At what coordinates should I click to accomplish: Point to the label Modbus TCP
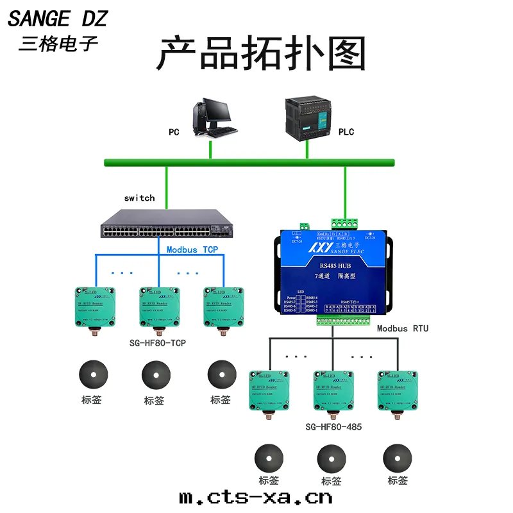(x=193, y=249)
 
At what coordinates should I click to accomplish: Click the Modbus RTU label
(x=403, y=328)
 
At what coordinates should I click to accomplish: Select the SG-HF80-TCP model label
(x=158, y=343)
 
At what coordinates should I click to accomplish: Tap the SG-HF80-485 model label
(x=333, y=426)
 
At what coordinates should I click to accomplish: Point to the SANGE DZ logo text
(x=57, y=19)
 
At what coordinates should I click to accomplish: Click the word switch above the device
(x=139, y=198)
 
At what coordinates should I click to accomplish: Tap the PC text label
(x=174, y=133)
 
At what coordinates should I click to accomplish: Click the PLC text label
(x=346, y=132)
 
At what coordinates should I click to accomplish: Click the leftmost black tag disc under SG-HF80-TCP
(x=92, y=374)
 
